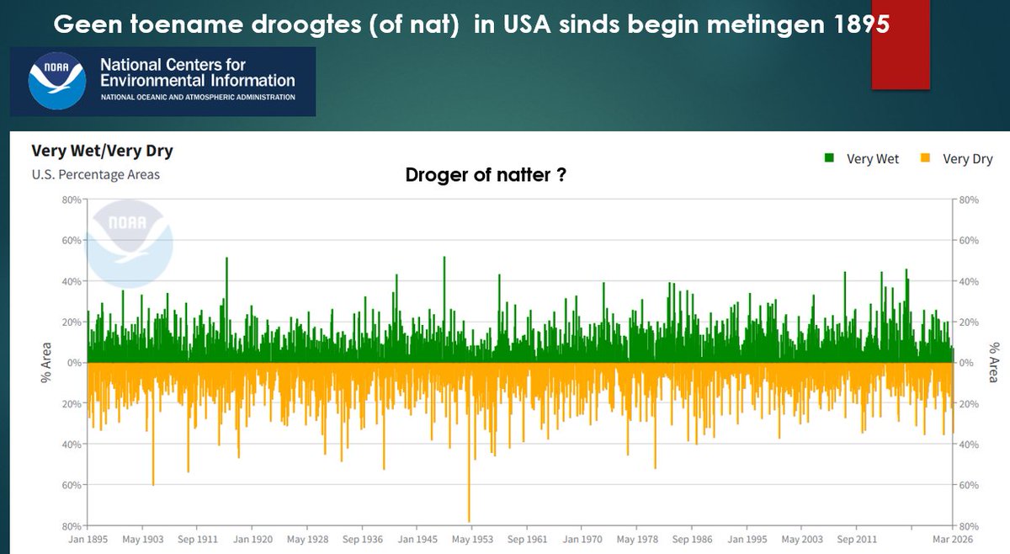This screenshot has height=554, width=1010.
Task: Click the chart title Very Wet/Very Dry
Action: (x=102, y=152)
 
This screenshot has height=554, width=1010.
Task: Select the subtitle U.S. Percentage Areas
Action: (x=95, y=174)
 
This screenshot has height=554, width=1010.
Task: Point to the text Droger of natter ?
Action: (x=485, y=175)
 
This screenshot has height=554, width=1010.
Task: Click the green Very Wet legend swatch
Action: (x=830, y=158)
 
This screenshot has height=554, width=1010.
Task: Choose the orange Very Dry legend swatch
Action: (x=926, y=158)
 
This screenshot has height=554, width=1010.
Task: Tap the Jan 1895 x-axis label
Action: (x=88, y=539)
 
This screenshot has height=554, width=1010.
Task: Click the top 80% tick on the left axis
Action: (x=70, y=200)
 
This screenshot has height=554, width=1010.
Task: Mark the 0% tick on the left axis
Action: (x=73, y=363)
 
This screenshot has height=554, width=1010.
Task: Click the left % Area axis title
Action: (x=47, y=363)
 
